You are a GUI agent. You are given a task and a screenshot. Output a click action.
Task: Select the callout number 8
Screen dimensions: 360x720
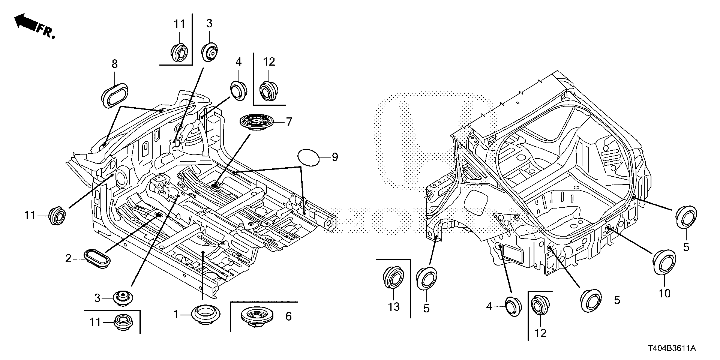coord(114,64)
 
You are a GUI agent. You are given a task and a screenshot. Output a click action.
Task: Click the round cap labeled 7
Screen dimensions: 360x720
coord(256,122)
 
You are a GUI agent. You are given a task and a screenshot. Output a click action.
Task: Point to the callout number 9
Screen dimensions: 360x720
coord(334,157)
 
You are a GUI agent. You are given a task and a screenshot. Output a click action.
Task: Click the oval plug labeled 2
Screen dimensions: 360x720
coord(97,258)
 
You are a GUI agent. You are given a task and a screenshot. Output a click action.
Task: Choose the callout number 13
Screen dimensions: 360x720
coord(394,307)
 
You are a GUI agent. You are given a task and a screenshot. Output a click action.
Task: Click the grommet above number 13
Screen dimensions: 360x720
coord(393,279)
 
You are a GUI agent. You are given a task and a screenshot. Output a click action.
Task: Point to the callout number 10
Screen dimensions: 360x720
coord(664,293)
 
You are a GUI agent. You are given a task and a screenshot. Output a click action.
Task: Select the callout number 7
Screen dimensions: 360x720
coord(288,122)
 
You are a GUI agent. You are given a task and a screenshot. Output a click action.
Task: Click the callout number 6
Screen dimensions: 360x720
coord(288,316)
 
